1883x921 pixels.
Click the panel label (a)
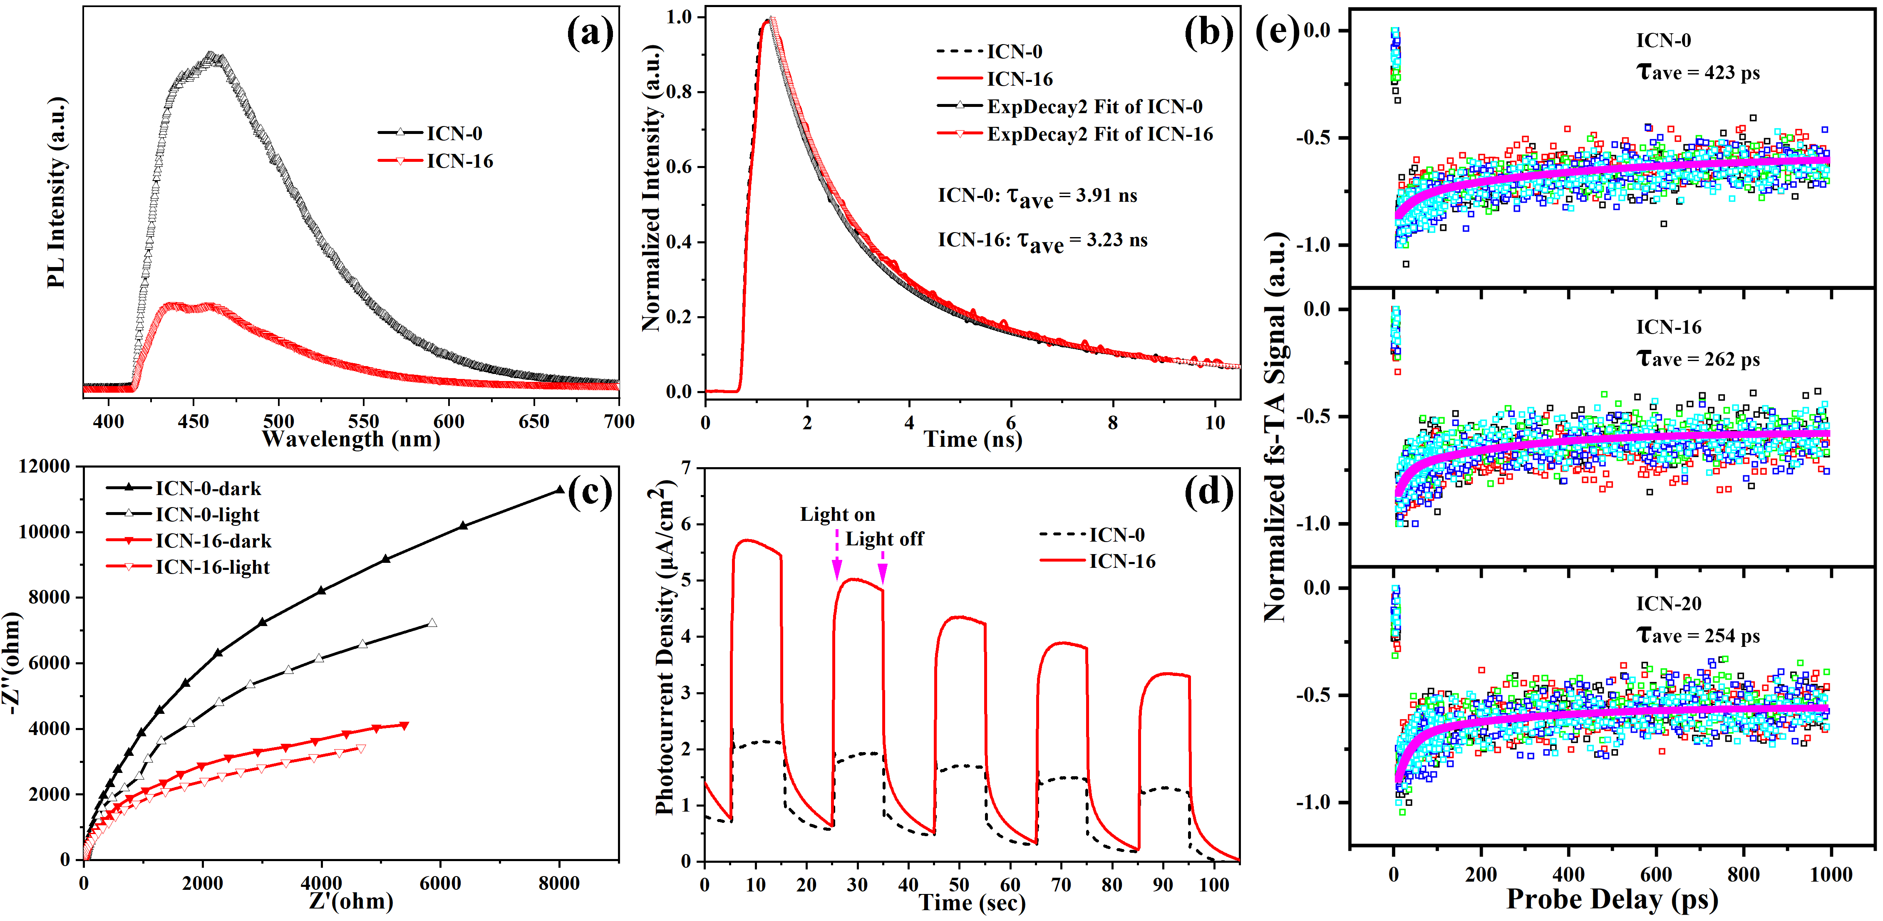(x=590, y=33)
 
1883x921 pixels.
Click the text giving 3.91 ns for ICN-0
(x=1038, y=196)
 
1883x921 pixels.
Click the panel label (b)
(x=1209, y=33)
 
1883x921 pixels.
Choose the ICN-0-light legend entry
(x=183, y=515)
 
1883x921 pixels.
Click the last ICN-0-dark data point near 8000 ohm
(x=560, y=490)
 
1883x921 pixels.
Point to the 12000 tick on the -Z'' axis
(x=44, y=466)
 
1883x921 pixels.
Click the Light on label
(x=838, y=515)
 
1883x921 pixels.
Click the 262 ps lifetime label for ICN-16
(x=1697, y=359)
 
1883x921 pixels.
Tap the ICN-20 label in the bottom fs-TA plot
(x=1669, y=604)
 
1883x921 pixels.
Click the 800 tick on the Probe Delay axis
(x=1743, y=875)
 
